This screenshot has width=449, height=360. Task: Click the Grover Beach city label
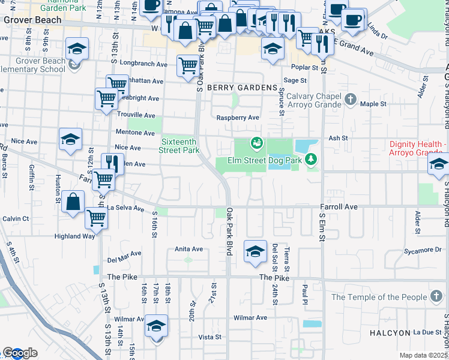(32, 20)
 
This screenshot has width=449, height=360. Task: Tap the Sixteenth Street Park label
(179, 146)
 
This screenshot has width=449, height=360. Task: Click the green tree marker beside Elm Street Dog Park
(310, 159)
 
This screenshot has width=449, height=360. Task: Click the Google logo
(20, 353)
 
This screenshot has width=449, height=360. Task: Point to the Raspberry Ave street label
(238, 118)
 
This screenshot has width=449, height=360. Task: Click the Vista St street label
(209, 337)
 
